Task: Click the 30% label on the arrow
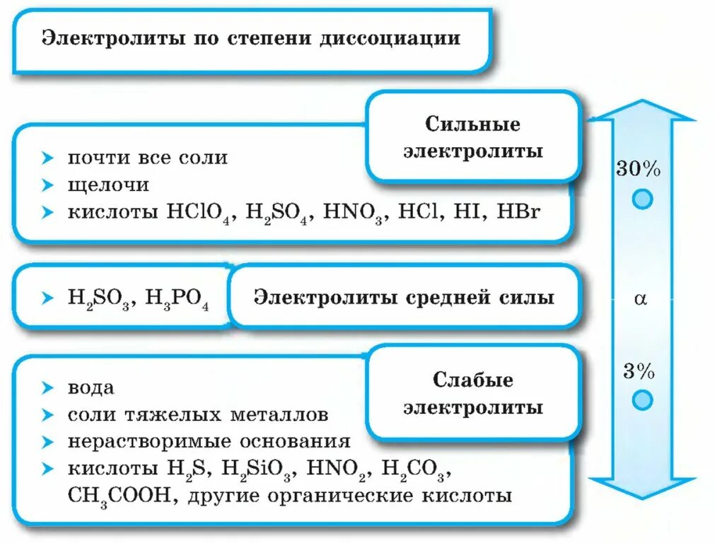(638, 170)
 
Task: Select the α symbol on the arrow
(640, 299)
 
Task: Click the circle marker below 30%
(641, 199)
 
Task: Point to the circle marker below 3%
(641, 400)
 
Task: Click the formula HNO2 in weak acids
(341, 469)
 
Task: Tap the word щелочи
(108, 185)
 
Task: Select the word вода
(91, 388)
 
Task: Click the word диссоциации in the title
(399, 37)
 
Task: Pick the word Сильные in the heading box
(472, 124)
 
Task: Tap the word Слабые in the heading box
(472, 380)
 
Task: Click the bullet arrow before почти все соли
(47, 157)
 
